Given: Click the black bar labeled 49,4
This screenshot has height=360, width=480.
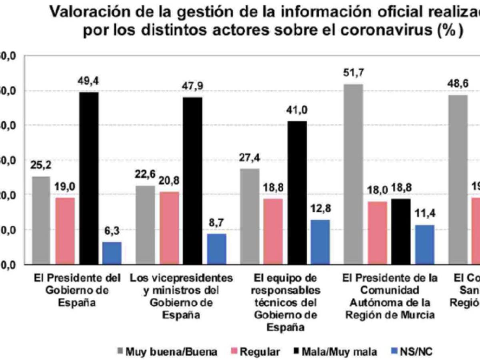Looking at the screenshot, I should pyautogui.click(x=88, y=178).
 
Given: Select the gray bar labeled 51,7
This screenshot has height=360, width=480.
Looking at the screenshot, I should pyautogui.click(x=353, y=174).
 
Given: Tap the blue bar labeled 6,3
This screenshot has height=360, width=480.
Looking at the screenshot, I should pyautogui.click(x=112, y=253).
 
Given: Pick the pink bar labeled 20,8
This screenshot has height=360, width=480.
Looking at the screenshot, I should pyautogui.click(x=169, y=228).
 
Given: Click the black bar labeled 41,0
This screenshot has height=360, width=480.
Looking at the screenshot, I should pyautogui.click(x=297, y=192).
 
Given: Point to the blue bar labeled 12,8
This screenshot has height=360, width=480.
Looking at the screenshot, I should pyautogui.click(x=320, y=242).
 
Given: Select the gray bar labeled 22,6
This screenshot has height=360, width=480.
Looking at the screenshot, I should pyautogui.click(x=145, y=225).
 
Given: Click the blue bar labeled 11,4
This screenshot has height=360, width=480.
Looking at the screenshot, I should pyautogui.click(x=424, y=244).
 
